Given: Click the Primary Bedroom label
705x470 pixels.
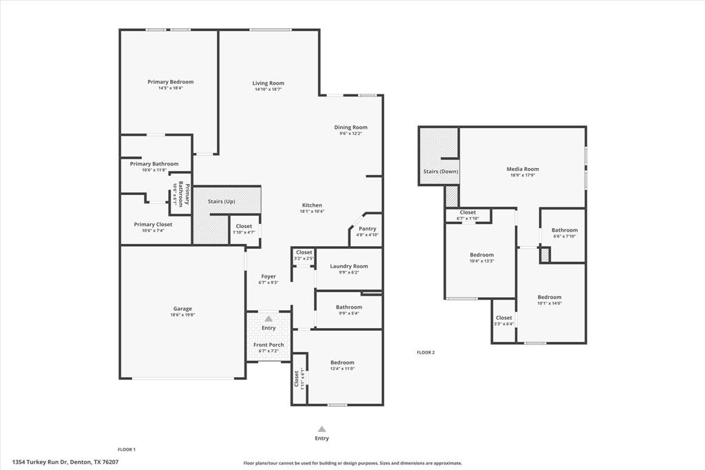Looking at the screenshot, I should [x=171, y=82].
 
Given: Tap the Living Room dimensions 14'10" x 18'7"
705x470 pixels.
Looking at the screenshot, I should [x=268, y=90].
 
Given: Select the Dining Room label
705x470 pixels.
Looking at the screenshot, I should [x=350, y=127].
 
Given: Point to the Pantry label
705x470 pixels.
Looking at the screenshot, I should [x=368, y=229].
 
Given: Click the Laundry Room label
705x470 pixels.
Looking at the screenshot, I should [x=349, y=266].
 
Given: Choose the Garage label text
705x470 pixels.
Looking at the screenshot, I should [x=182, y=309].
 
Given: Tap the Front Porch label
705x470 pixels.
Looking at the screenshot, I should [x=269, y=345].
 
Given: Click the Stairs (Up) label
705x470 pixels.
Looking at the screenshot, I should [x=222, y=202].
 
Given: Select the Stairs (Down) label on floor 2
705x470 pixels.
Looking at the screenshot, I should [x=441, y=172].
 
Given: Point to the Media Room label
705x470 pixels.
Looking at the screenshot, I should [x=523, y=169].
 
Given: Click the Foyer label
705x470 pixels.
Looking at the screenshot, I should [x=269, y=276].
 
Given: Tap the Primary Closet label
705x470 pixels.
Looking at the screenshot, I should [x=153, y=225].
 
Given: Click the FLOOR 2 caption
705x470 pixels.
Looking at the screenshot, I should [x=425, y=352].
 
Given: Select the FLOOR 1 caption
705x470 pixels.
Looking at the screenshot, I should [x=127, y=449].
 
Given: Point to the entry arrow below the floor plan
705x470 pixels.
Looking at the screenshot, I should [x=322, y=429].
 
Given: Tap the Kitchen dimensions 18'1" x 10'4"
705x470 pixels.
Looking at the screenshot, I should [x=312, y=212].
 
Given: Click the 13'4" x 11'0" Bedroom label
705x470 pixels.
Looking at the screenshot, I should [x=342, y=362].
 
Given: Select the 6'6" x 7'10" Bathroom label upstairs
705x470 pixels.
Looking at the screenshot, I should [x=565, y=230].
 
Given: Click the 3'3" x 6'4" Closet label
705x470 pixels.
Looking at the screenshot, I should [x=504, y=318].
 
